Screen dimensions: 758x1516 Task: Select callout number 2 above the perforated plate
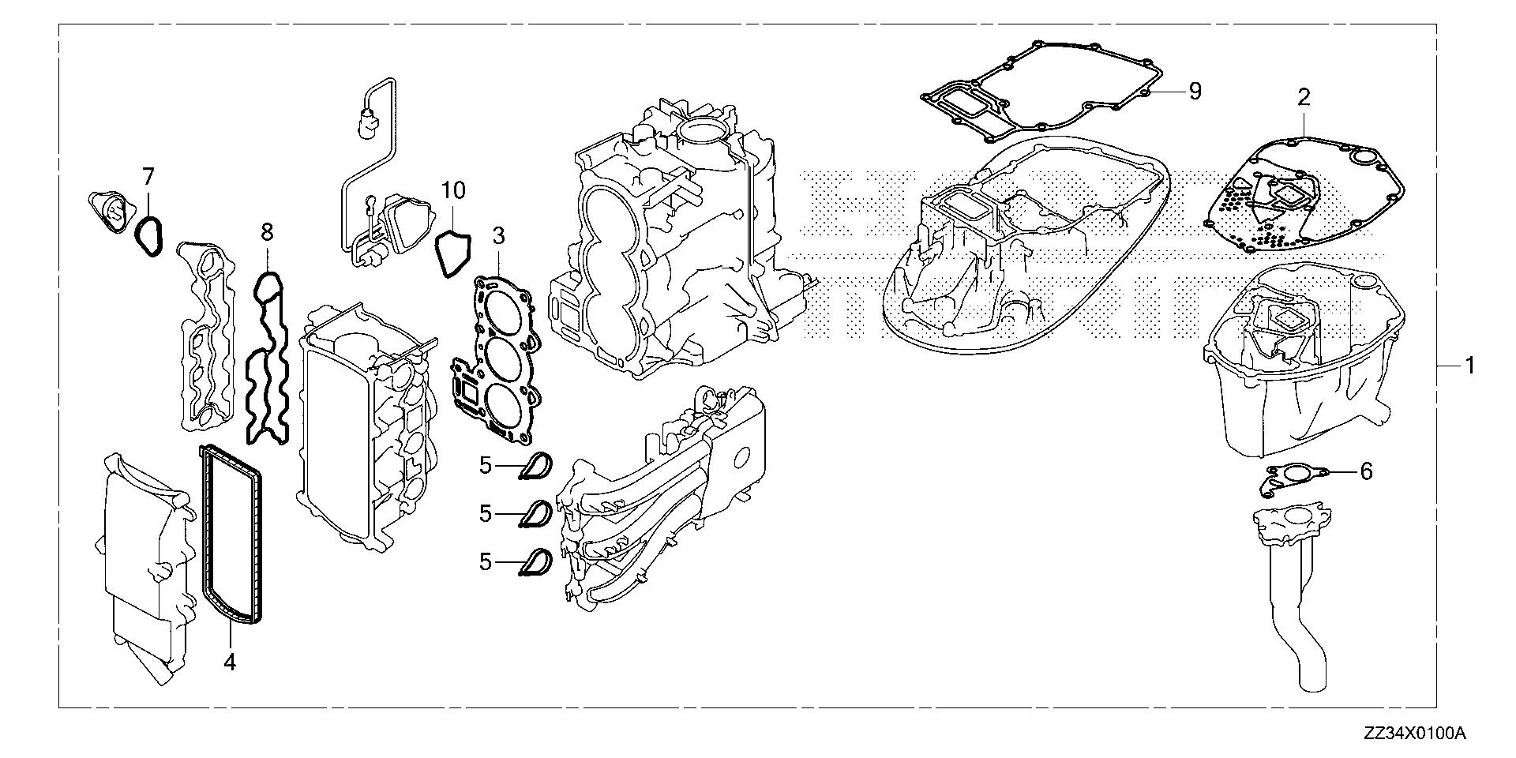click(x=1304, y=98)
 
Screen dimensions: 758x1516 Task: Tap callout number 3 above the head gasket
click(x=498, y=236)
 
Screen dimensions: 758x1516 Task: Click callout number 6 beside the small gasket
click(x=1366, y=472)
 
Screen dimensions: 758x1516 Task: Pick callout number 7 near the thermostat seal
click(x=148, y=178)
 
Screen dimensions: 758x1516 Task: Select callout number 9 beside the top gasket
click(x=1195, y=92)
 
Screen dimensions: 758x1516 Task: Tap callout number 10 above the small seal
click(x=453, y=190)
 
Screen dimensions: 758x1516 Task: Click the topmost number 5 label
click(x=486, y=466)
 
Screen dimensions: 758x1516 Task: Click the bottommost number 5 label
click(x=486, y=562)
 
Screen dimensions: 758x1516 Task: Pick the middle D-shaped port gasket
click(x=537, y=514)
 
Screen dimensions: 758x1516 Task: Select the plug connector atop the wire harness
click(x=367, y=125)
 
